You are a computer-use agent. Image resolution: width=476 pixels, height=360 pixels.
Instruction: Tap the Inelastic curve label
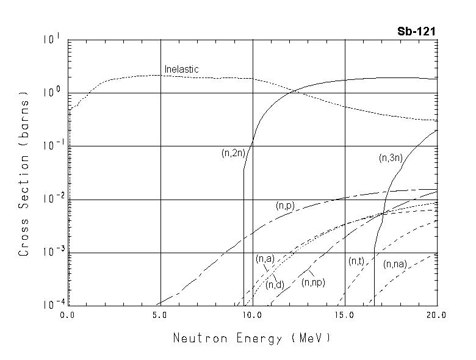point(181,70)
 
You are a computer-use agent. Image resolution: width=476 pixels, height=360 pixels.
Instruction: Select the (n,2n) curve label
point(233,154)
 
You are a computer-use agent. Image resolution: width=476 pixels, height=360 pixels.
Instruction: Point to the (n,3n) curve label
point(391,158)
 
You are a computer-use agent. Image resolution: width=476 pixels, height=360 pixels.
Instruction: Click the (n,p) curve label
point(285,206)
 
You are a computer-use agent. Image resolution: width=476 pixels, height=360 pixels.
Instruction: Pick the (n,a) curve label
point(264,259)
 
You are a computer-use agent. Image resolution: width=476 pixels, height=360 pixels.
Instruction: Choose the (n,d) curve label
point(273,284)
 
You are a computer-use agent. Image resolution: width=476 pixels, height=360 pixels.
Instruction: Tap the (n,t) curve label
point(356,261)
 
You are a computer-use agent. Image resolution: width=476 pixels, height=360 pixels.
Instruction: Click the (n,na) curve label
point(395,265)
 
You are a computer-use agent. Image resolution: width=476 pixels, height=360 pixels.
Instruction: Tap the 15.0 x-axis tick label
point(345,315)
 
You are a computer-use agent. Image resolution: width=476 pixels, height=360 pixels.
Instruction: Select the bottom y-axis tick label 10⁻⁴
point(51,303)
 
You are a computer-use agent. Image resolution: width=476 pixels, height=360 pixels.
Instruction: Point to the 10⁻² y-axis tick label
point(51,198)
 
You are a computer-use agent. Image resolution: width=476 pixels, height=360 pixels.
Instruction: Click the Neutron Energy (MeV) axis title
point(251,337)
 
